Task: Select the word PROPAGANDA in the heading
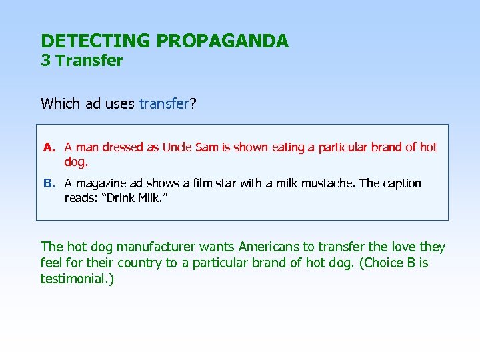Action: pos(222,41)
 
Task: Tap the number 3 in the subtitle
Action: pos(45,61)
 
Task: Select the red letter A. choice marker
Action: pos(49,147)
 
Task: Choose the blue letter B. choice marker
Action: pos(49,183)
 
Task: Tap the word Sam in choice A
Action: pos(208,147)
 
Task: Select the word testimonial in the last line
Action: pos(75,279)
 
